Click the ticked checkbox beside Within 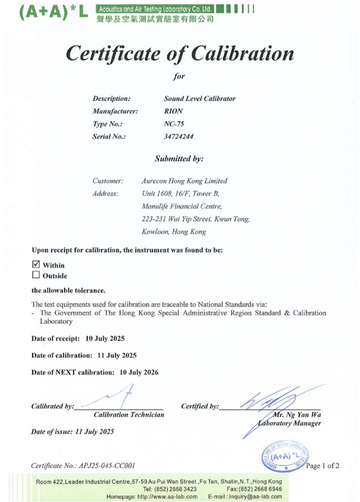(36, 264)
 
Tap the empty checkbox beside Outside (36, 275)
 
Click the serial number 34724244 (178, 136)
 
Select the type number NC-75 (174, 124)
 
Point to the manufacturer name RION (173, 111)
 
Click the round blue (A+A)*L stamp (285, 457)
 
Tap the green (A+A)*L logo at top (53, 12)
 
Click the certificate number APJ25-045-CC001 (107, 466)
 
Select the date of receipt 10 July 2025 (105, 338)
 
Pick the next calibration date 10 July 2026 (139, 372)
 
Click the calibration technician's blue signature (117, 397)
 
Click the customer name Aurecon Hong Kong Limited (184, 181)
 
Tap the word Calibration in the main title (243, 54)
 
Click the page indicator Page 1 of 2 (322, 466)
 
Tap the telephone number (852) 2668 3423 (175, 489)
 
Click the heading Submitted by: (179, 159)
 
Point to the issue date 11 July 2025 (94, 432)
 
